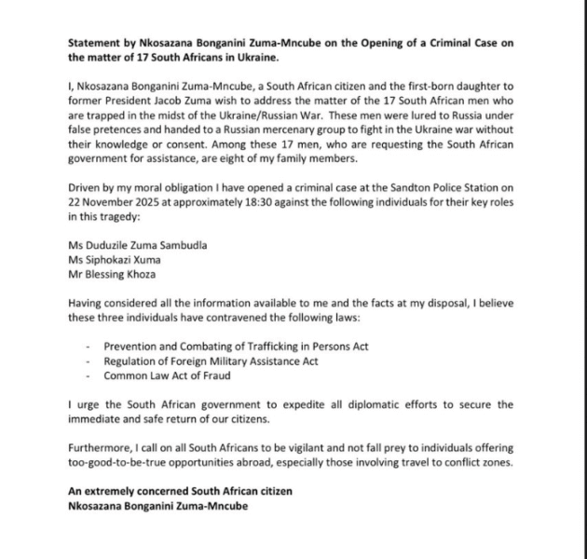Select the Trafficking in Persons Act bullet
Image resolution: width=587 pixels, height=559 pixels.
236,346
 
